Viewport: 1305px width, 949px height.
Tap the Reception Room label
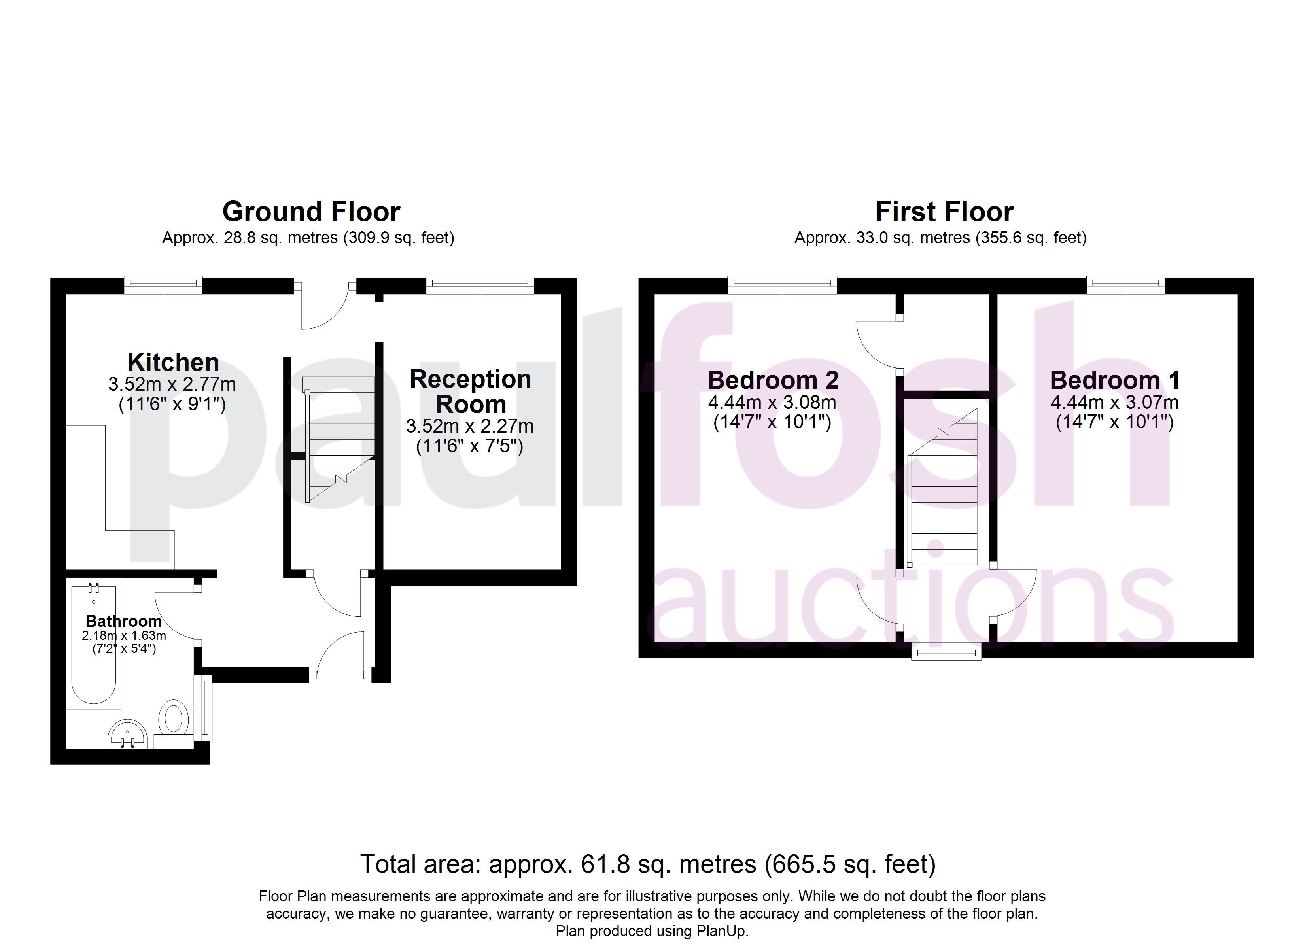(471, 391)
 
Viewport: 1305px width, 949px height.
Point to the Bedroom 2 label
(773, 380)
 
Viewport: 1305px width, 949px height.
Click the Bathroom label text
(124, 621)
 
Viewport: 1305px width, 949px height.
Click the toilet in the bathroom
(173, 723)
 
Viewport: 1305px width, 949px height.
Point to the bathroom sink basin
(128, 734)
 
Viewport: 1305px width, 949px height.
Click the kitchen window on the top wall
(163, 284)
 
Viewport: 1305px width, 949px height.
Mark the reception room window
(480, 284)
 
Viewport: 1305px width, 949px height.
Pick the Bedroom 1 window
(1125, 284)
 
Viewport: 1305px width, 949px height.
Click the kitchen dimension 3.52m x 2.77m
(172, 384)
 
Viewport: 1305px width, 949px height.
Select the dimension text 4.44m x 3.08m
(772, 402)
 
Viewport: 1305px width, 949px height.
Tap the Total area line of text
(648, 864)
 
